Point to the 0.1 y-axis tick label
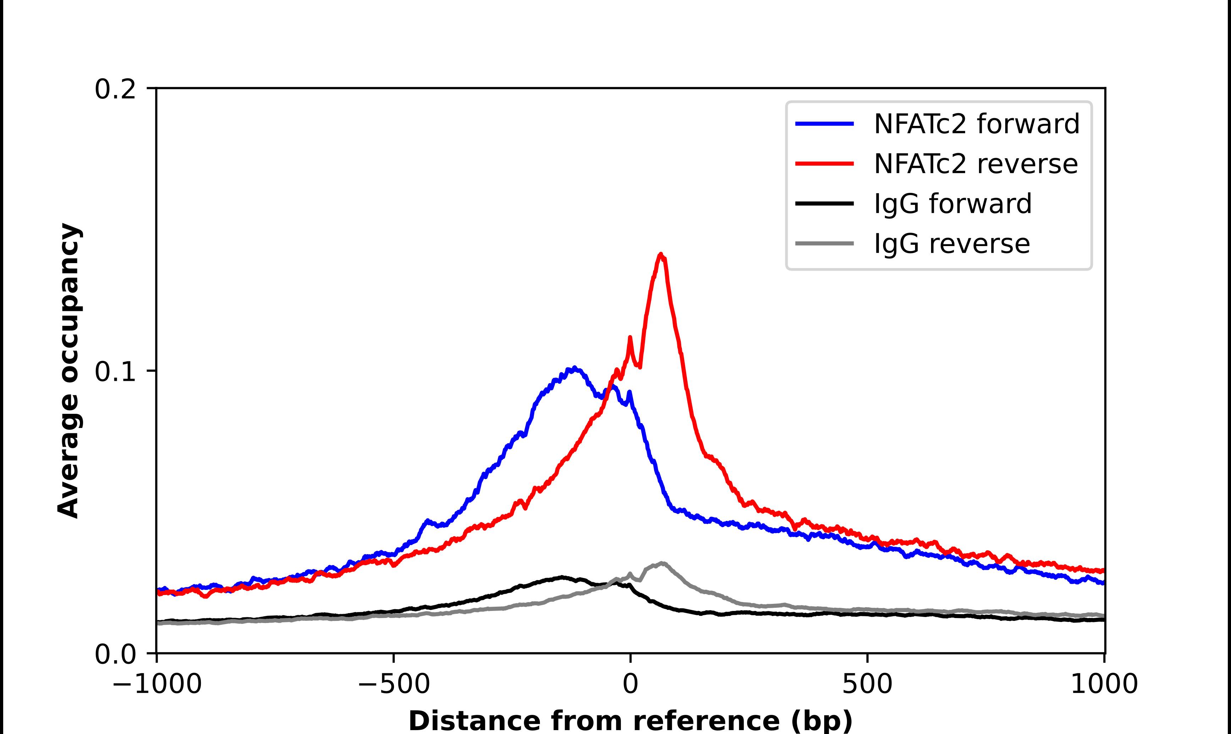[115, 372]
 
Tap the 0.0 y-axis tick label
[115, 654]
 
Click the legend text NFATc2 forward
[976, 124]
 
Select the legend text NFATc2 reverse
[975, 164]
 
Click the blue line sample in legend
[824, 124]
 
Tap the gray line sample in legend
[824, 243]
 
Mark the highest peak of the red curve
[660, 255]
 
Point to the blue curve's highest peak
[574, 368]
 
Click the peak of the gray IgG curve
[662, 563]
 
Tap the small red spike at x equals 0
[630, 338]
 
